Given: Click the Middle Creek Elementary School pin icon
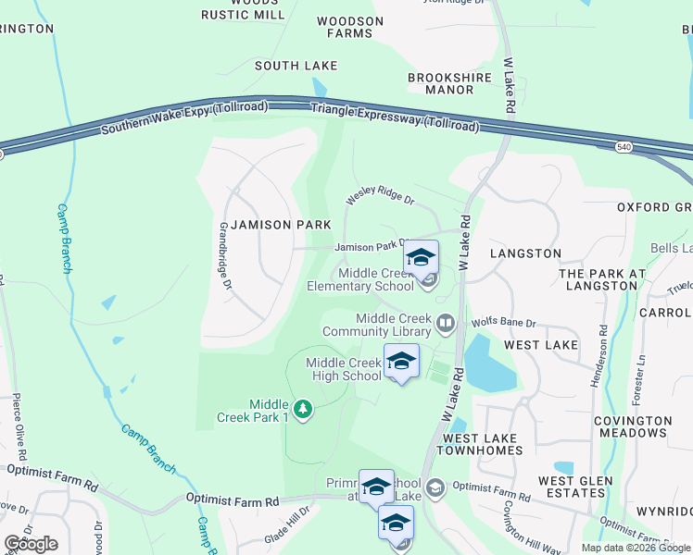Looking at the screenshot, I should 421,258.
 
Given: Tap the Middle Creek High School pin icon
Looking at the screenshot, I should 401,362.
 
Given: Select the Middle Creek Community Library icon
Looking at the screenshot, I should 446,323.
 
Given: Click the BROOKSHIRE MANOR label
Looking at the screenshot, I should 441,83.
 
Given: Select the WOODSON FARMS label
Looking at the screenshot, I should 349,27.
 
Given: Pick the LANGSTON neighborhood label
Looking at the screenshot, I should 525,253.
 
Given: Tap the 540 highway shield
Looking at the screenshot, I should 623,146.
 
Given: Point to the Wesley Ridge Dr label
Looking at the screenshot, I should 380,194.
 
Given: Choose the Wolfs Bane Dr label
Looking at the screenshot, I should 504,323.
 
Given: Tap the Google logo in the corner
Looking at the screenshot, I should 31,544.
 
